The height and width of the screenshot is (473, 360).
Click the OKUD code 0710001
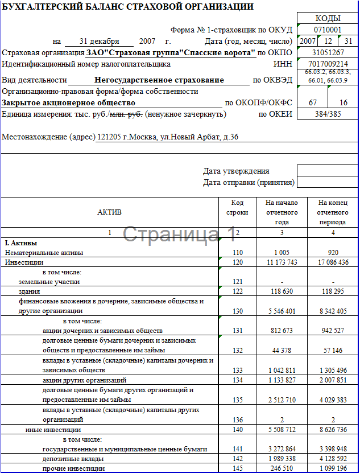(328, 30)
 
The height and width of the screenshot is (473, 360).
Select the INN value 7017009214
(328, 64)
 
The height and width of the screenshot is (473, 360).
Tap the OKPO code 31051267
(328, 52)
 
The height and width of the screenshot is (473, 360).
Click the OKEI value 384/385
(328, 114)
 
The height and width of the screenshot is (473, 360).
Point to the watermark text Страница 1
(179, 233)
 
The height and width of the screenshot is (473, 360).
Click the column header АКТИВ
(110, 212)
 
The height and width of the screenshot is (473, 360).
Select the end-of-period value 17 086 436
(333, 262)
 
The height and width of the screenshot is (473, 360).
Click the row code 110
(238, 253)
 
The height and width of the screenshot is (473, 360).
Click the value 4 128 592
(333, 459)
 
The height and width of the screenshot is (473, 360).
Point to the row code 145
(238, 468)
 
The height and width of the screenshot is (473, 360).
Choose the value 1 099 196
(333, 468)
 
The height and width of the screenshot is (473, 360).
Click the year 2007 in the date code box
(308, 41)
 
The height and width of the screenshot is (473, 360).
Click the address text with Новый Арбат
(121, 137)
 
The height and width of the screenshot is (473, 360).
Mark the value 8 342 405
(333, 311)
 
